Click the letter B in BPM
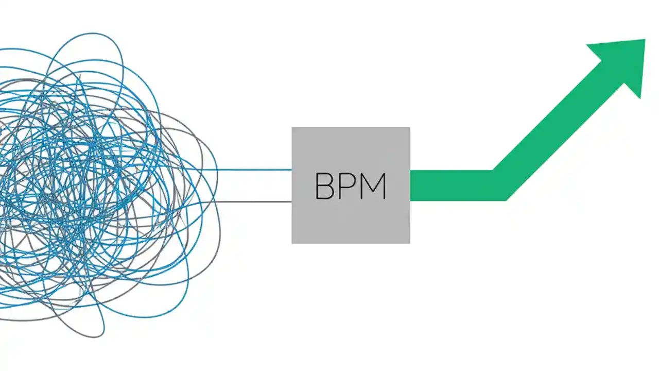(324, 186)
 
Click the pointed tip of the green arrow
(645, 40)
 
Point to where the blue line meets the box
(291, 170)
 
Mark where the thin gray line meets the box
(291, 201)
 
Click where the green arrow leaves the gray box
(410, 185)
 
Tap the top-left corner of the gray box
(292, 128)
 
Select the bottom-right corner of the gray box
(409, 243)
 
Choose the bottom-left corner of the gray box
(292, 243)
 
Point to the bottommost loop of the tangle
(93, 332)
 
